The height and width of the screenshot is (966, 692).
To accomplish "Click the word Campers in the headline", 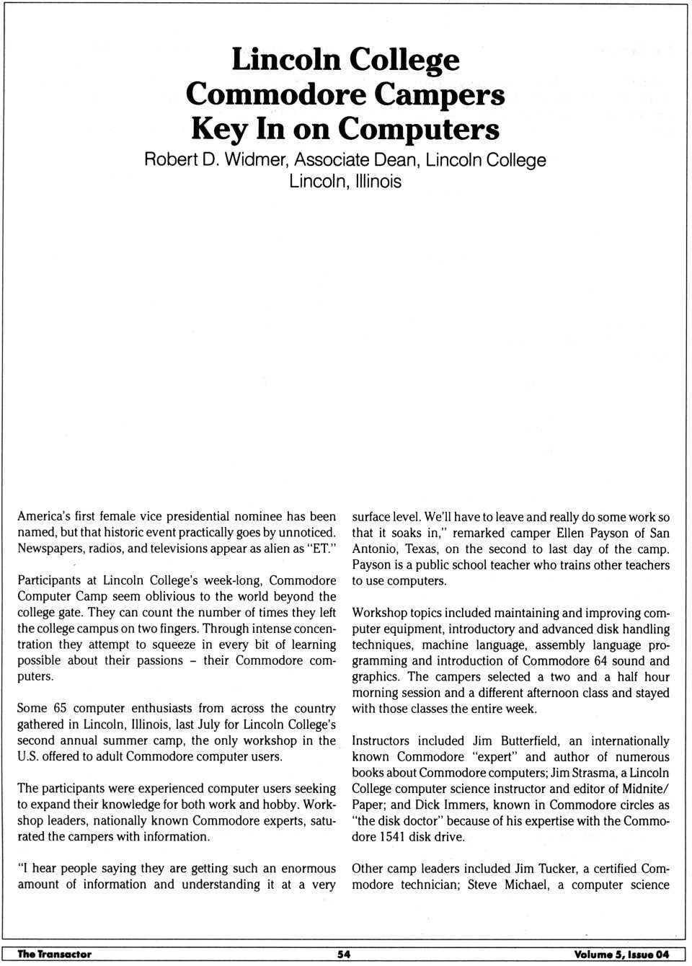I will (439, 95).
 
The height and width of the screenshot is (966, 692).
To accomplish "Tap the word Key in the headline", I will (218, 129).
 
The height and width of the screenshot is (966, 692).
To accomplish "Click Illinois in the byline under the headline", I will (378, 181).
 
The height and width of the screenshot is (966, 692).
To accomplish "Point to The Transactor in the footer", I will (55, 954).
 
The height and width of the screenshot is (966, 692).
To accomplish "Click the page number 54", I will (344, 954).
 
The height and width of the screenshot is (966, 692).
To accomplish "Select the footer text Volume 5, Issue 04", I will (621, 954).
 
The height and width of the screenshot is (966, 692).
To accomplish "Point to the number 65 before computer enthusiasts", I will (60, 709).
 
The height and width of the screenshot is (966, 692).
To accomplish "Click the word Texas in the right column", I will (421, 549).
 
